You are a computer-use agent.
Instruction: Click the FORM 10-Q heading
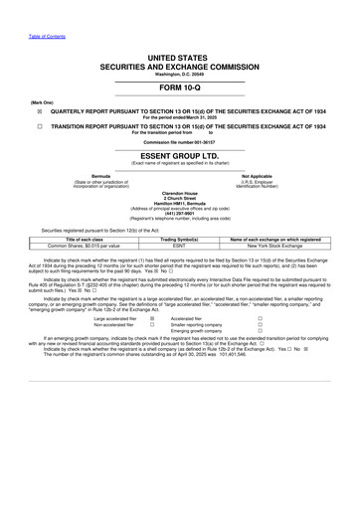click(180, 86)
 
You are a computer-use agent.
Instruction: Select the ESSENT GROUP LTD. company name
click(180, 157)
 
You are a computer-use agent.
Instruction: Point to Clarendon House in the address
click(179, 192)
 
